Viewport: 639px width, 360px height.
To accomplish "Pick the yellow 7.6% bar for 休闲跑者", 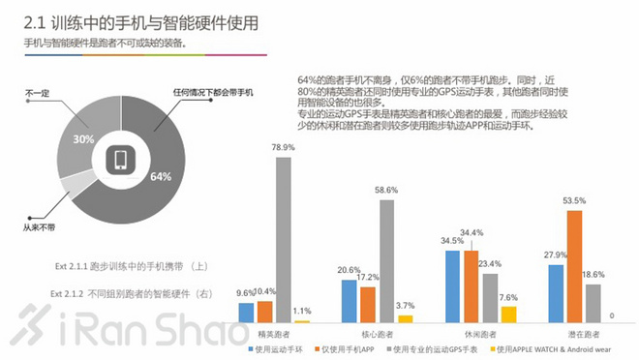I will point(509,314).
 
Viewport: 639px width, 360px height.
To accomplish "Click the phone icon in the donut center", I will point(121,160).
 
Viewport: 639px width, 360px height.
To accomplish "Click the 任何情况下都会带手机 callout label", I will point(216,92).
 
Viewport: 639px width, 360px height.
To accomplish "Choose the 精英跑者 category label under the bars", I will point(275,331).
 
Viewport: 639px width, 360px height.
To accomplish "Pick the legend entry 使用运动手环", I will point(280,347).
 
